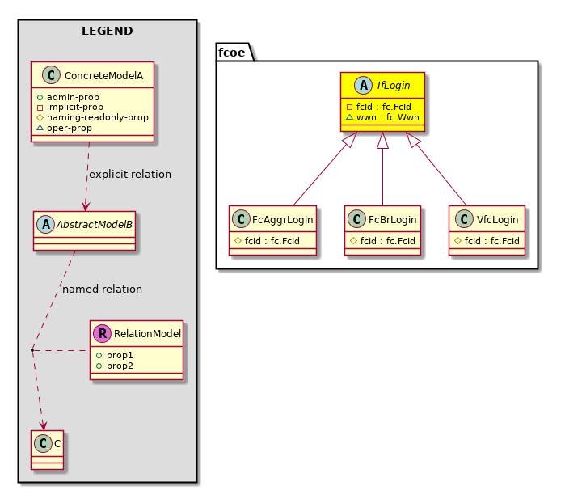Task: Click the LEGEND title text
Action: click(x=107, y=32)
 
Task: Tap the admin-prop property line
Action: click(x=73, y=97)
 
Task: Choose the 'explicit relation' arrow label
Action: click(x=130, y=174)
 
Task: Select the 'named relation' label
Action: click(x=102, y=289)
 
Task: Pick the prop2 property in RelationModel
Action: click(x=119, y=366)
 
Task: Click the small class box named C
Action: click(x=47, y=442)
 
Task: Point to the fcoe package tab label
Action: click(x=232, y=53)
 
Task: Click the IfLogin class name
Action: click(x=394, y=85)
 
